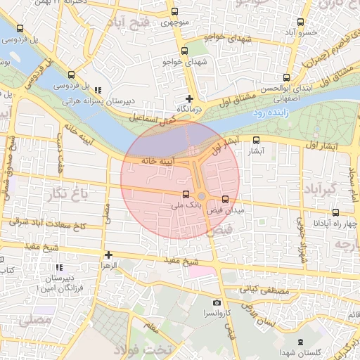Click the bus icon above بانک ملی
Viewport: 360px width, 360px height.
click(x=186, y=194)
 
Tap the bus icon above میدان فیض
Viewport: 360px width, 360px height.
click(x=225, y=199)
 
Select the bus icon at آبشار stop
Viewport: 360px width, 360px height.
click(x=255, y=140)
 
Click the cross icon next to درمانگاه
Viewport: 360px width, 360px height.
click(x=188, y=98)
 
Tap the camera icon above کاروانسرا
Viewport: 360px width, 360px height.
click(x=217, y=302)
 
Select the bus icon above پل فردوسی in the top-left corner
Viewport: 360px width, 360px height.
click(x=20, y=29)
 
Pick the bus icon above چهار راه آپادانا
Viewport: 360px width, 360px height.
click(x=336, y=212)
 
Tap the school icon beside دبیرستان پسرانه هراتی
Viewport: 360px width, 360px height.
click(x=97, y=90)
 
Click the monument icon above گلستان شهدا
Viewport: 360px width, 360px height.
click(x=301, y=342)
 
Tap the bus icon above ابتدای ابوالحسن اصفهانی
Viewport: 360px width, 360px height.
click(x=285, y=78)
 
